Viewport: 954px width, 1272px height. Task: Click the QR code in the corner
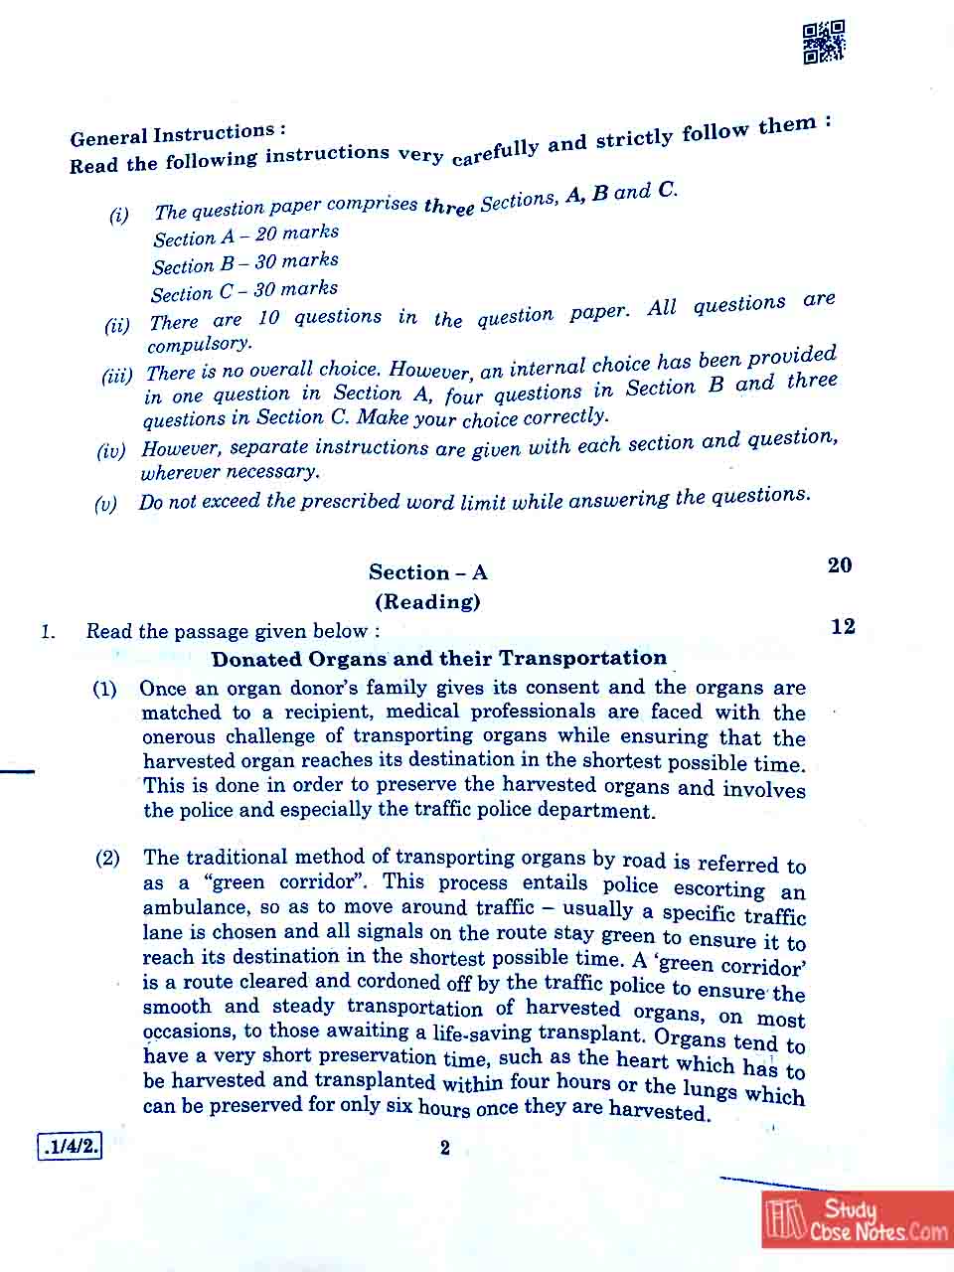pyautogui.click(x=824, y=42)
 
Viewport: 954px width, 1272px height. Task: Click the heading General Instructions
pyautogui.click(x=177, y=134)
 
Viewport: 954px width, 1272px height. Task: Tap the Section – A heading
pyautogui.click(x=427, y=572)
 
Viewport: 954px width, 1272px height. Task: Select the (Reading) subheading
pyautogui.click(x=427, y=601)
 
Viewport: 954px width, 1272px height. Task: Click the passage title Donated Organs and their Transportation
pyautogui.click(x=438, y=658)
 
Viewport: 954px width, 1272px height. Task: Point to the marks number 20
pyautogui.click(x=840, y=565)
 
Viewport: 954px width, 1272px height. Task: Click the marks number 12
pyautogui.click(x=843, y=626)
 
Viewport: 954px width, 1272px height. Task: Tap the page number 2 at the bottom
pyautogui.click(x=444, y=1148)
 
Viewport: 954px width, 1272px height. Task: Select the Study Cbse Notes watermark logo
pyautogui.click(x=857, y=1220)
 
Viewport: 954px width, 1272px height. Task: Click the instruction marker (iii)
pyautogui.click(x=116, y=376)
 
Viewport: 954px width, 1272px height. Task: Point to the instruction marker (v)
pyautogui.click(x=105, y=504)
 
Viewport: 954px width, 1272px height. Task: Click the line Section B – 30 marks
pyautogui.click(x=245, y=263)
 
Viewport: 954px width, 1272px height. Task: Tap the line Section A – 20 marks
pyautogui.click(x=246, y=236)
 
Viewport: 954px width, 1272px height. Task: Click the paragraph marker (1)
pyautogui.click(x=104, y=689)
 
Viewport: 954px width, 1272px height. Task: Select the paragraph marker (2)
pyautogui.click(x=107, y=858)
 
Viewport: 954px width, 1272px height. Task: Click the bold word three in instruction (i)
pyautogui.click(x=449, y=206)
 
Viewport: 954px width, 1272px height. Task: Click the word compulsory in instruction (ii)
pyautogui.click(x=199, y=344)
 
